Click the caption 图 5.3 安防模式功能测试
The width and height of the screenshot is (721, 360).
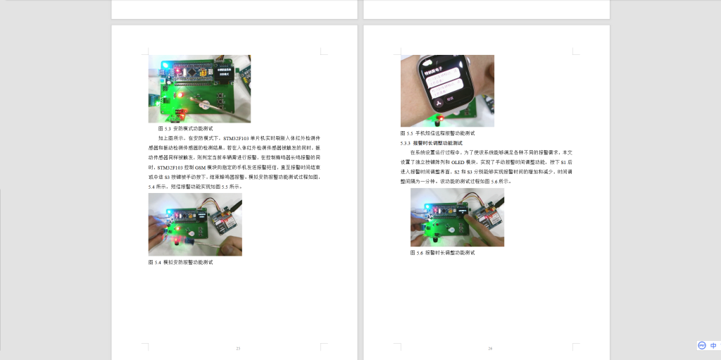[x=185, y=129]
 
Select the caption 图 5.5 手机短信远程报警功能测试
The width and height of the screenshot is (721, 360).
[x=437, y=133]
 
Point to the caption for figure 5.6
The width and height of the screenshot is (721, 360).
[x=442, y=252]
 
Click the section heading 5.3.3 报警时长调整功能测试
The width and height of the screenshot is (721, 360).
[x=435, y=142]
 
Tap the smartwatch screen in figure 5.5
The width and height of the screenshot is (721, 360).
[x=446, y=82]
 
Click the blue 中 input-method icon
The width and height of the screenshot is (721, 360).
[x=713, y=346]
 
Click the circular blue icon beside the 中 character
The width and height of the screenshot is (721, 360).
[x=702, y=346]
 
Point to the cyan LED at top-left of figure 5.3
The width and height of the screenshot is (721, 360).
[x=164, y=66]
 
